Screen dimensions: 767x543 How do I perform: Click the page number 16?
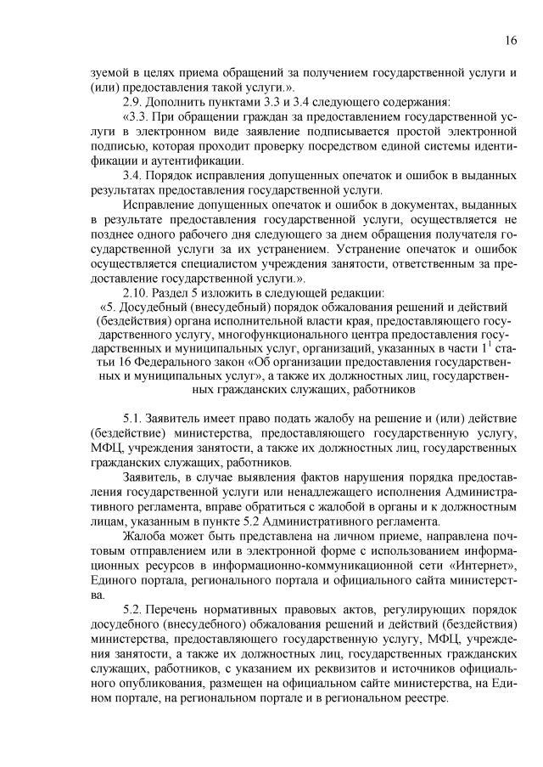click(511, 40)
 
